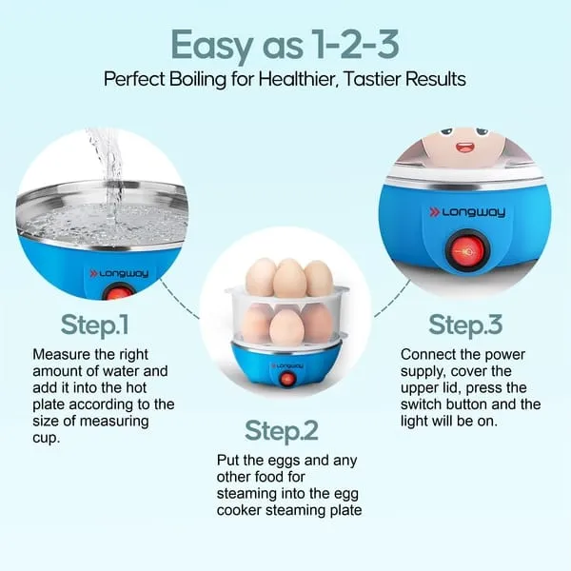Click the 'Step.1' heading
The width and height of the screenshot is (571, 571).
coord(94,325)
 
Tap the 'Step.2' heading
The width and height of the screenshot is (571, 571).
coord(282,431)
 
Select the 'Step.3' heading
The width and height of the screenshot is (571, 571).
coord(465,325)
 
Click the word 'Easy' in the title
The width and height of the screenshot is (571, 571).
coord(212,47)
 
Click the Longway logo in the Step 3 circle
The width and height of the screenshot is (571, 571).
coord(467,212)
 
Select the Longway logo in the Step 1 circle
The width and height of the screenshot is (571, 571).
coord(119,273)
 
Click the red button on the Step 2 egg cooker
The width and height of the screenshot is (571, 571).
coord(287,379)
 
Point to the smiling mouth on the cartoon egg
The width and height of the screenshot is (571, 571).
coord(465,148)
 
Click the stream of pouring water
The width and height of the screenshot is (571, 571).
coord(108,175)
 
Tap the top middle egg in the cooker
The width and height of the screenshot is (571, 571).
coord(289,278)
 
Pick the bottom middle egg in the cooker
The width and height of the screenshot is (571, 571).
coord(286,326)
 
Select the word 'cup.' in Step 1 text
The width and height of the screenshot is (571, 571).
coord(47,438)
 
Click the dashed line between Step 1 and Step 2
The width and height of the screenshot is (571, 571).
coord(179,300)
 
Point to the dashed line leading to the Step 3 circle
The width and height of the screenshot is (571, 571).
coord(392,299)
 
